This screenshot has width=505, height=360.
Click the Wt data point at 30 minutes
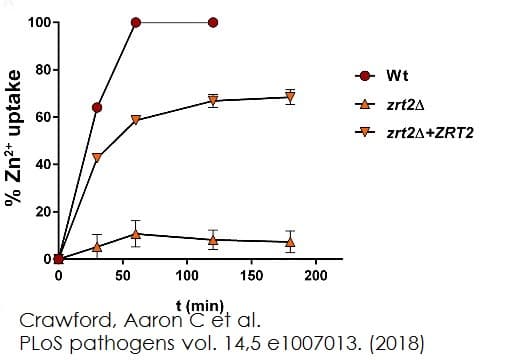coord(97,107)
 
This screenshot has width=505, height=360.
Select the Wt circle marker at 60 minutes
coord(136,22)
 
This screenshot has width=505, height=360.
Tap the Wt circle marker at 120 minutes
coord(213,22)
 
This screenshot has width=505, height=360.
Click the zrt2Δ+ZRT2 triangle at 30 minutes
coord(97,158)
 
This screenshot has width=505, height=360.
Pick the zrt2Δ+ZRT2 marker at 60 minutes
coord(136,120)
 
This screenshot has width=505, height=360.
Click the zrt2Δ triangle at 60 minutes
coord(136,233)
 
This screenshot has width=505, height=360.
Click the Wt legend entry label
coord(397,76)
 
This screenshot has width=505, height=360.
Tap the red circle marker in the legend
coord(365,76)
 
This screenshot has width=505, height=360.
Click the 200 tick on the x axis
coord(316,274)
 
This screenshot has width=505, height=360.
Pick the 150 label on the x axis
coord(252,274)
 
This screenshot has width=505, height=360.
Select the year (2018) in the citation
coord(396,343)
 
